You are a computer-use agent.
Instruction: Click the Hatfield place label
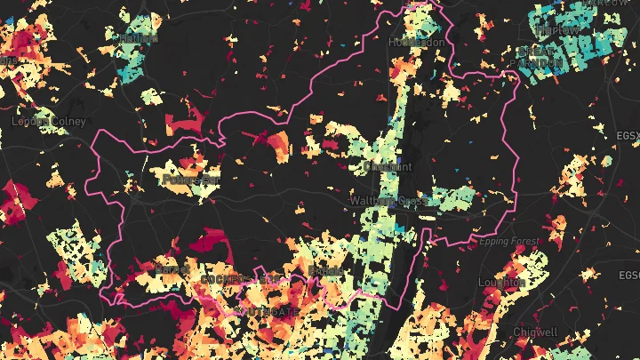[133, 37]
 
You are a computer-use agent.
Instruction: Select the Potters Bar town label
[191, 180]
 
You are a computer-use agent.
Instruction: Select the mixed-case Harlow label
[556, 29]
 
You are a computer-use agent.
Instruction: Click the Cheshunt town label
[388, 166]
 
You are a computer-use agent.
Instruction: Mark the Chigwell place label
[535, 332]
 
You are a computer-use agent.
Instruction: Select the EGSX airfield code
[627, 135]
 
